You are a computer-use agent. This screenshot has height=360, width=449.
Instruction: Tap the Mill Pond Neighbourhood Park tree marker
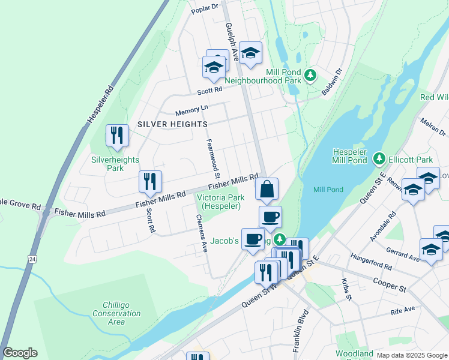(310, 75)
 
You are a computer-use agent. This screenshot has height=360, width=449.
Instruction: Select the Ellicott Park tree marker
(379, 160)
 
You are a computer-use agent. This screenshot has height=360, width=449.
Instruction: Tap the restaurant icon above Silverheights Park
(117, 136)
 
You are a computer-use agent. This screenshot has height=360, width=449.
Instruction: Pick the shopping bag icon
(267, 189)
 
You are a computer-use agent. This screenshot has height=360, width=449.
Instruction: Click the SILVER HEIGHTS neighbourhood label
(172, 124)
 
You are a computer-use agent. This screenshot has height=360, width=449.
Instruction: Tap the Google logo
(20, 353)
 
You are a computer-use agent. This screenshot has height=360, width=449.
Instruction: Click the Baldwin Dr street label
(331, 79)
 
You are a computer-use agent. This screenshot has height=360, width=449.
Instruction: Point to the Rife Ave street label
(403, 310)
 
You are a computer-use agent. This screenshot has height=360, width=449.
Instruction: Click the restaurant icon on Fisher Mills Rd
(150, 182)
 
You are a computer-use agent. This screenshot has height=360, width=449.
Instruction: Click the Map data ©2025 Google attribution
(411, 355)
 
